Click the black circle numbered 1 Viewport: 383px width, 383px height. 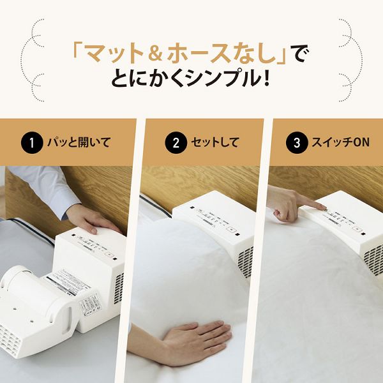click(x=31, y=142)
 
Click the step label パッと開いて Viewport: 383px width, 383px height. click(x=79, y=142)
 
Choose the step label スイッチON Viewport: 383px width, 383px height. click(x=338, y=142)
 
